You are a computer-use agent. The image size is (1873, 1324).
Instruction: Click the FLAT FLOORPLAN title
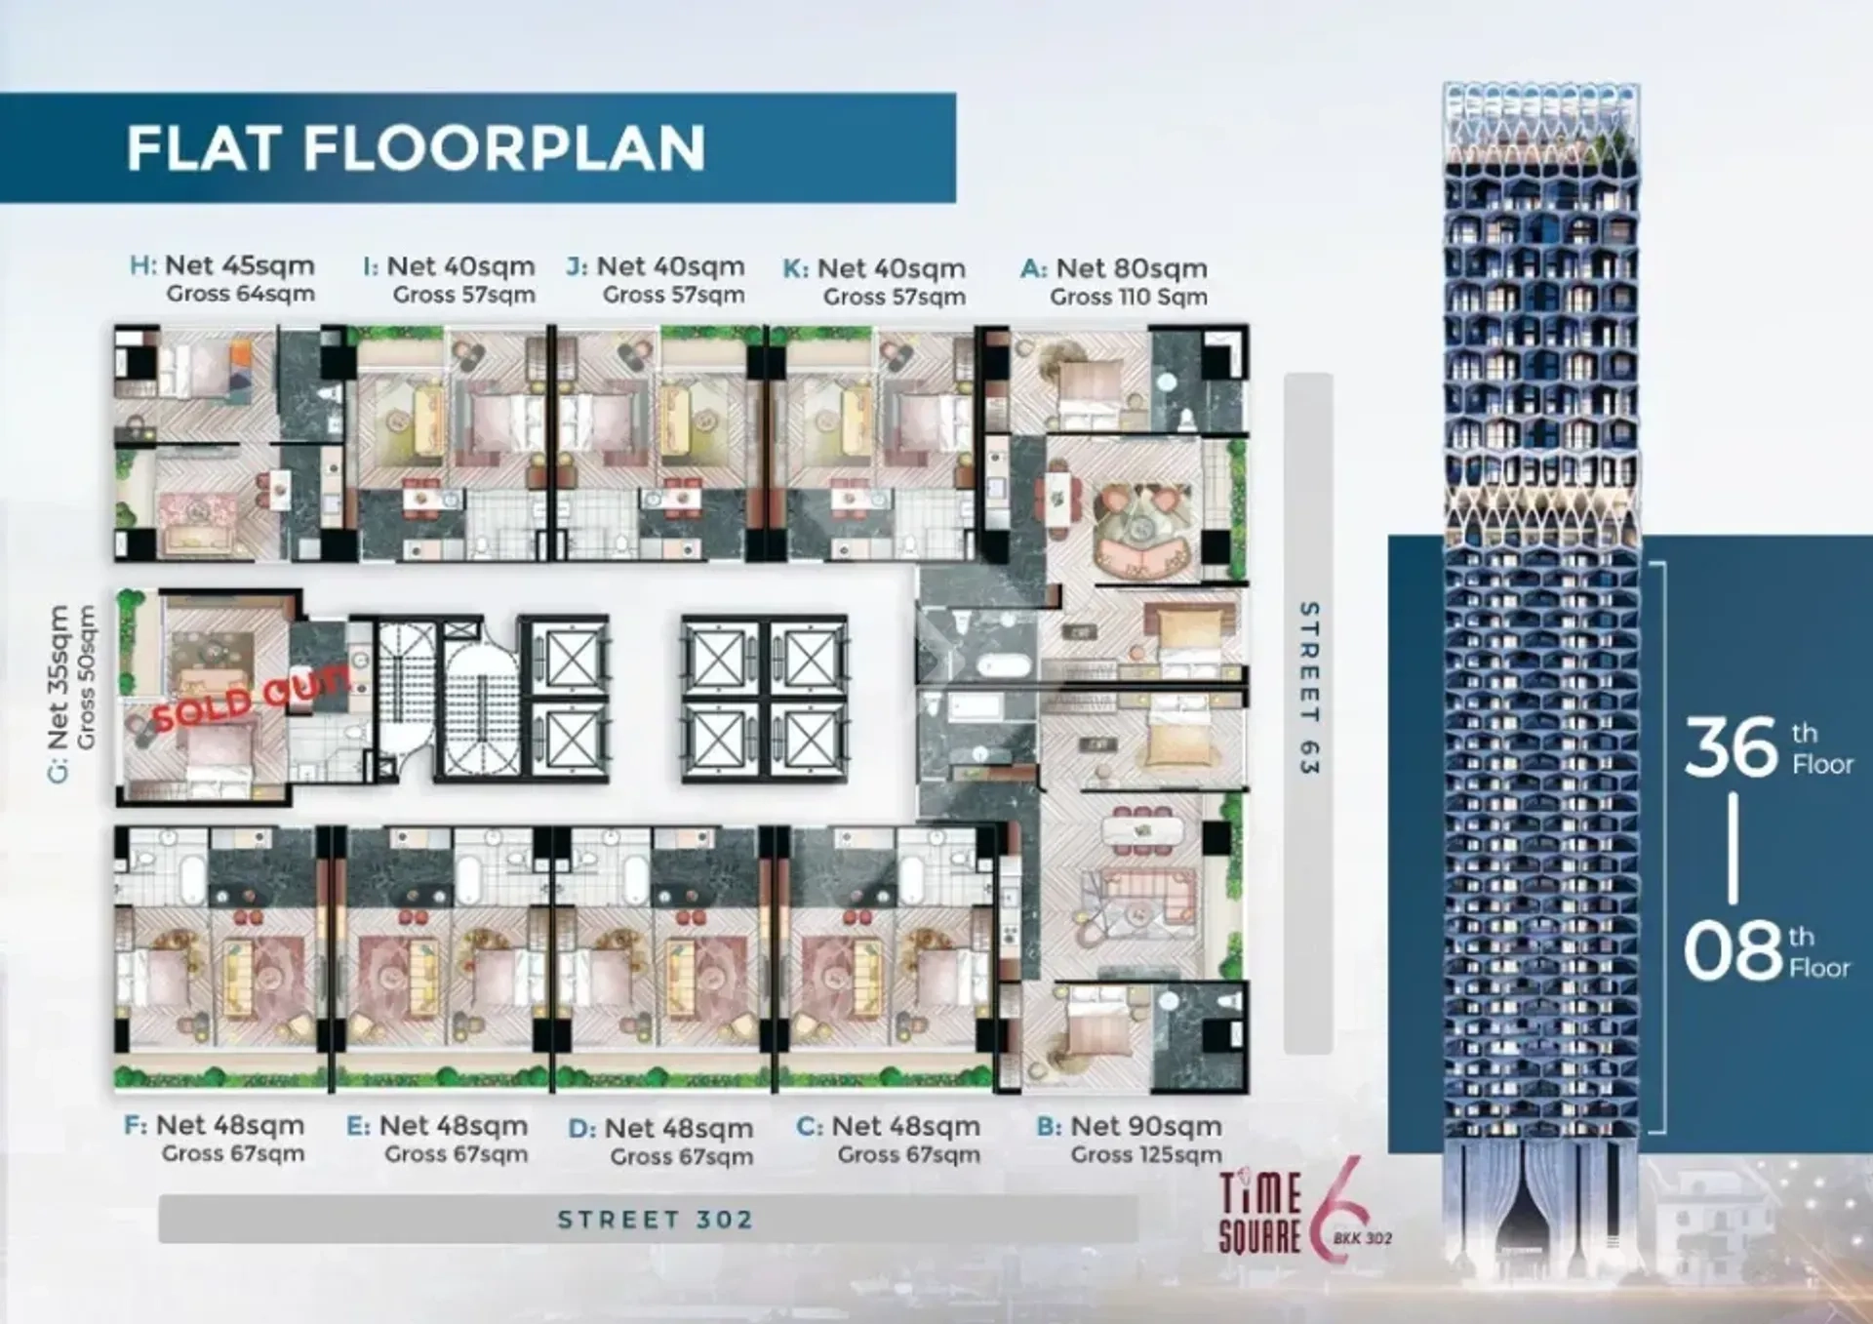point(416,148)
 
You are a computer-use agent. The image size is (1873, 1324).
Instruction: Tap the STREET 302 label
point(656,1220)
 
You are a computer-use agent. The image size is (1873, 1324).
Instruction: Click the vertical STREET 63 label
point(1308,688)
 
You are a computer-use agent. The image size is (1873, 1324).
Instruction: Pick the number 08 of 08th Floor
point(1733,950)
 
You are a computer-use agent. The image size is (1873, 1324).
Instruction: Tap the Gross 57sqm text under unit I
point(464,295)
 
